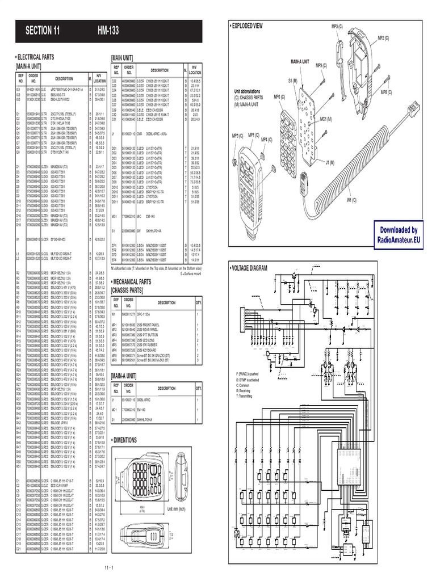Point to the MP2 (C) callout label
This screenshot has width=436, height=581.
383,38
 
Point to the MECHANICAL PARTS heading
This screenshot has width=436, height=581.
139,281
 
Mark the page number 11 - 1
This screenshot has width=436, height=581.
110,568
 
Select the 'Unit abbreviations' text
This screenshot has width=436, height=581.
247,91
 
